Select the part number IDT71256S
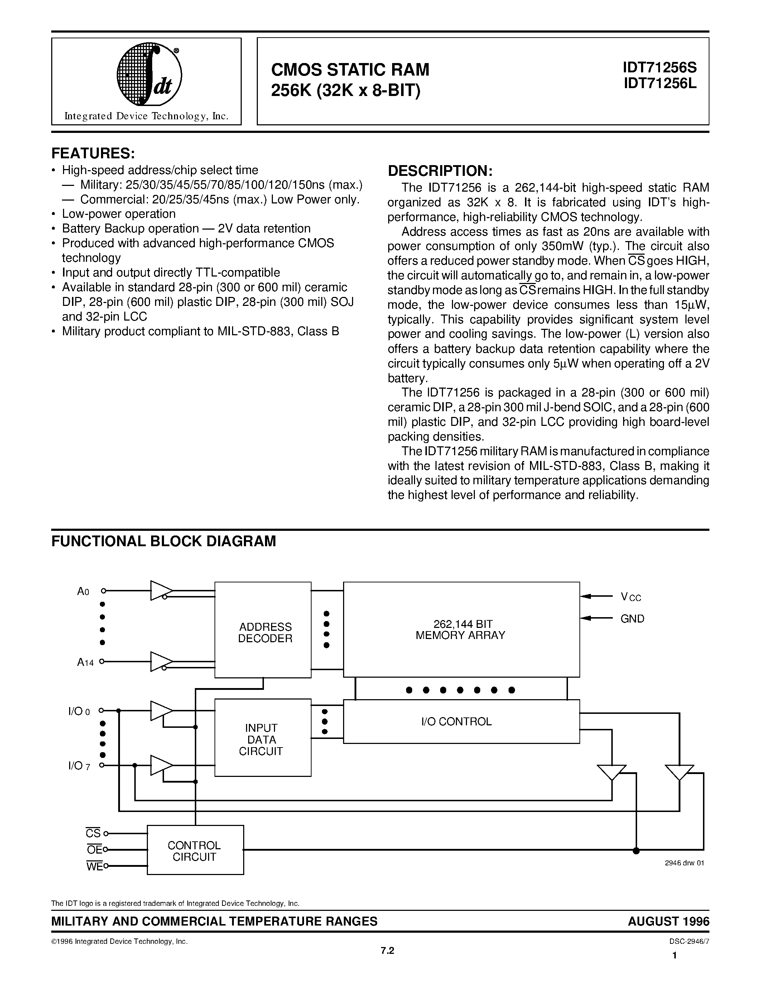(x=660, y=68)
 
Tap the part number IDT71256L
(x=660, y=83)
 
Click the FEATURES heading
(x=93, y=153)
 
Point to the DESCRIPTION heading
(x=440, y=171)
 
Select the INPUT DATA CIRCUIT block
(x=263, y=740)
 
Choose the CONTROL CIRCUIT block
(x=195, y=851)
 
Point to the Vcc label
(x=630, y=597)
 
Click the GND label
(x=632, y=619)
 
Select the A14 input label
(x=85, y=662)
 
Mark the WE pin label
(x=94, y=866)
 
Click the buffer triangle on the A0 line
(x=160, y=590)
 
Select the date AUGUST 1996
(x=668, y=921)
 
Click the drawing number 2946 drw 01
(x=684, y=863)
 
